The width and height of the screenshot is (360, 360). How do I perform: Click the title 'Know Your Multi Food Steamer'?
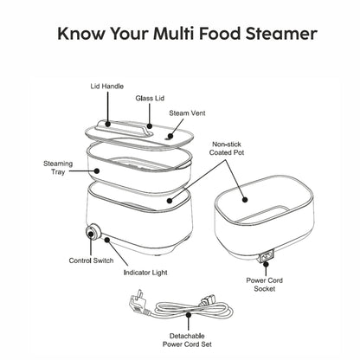point(187,34)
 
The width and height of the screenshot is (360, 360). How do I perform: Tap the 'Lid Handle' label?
point(107,87)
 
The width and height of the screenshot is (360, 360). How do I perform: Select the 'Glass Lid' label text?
point(150,99)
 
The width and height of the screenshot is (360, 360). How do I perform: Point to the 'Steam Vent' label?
point(187,113)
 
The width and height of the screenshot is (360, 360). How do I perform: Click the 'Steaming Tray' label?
point(58,168)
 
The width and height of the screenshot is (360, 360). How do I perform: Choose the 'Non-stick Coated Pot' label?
point(227,148)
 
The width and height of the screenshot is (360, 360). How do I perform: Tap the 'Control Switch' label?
point(91,260)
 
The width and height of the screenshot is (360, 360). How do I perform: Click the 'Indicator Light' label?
point(145,273)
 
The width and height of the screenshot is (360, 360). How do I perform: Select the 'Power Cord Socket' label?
point(264,285)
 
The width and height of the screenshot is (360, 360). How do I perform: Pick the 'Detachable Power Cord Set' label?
point(187,340)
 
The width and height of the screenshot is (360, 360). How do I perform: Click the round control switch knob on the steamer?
point(93,232)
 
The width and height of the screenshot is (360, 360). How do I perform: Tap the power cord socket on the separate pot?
point(267,256)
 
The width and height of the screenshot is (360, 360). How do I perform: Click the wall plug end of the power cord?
point(138,304)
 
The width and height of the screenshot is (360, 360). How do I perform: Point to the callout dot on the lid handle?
point(107,125)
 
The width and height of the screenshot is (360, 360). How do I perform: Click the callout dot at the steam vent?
point(170,136)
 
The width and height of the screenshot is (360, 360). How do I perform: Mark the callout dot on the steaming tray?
point(97,170)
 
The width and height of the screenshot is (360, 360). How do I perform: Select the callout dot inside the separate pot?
point(245,199)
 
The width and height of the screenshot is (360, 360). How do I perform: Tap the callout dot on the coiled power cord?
point(189,315)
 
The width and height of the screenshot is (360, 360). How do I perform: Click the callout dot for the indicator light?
point(107,240)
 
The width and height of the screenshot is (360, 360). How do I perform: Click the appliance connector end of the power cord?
point(207,302)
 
